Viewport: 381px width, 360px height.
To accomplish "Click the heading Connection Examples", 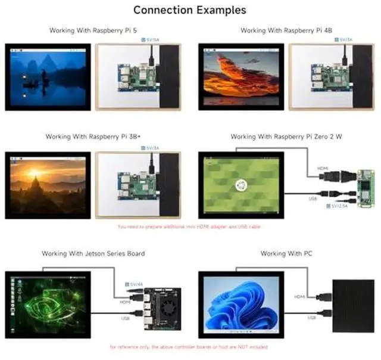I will click(x=189, y=10).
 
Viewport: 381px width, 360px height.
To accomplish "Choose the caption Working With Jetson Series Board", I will click(x=93, y=253).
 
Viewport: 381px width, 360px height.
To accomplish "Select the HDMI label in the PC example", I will click(x=301, y=296).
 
